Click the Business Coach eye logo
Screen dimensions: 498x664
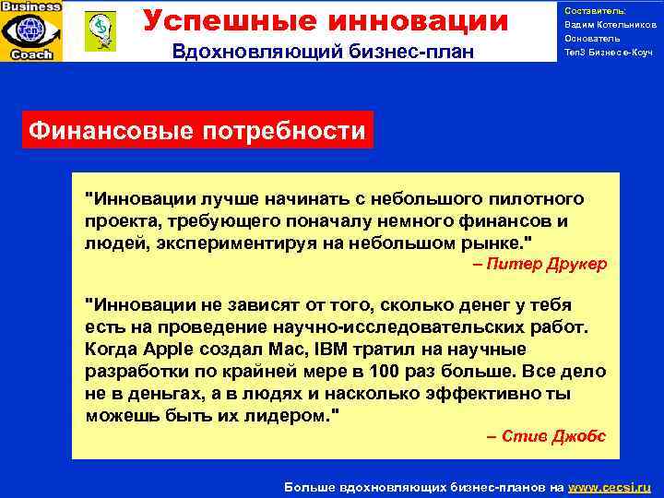pyautogui.click(x=32, y=30)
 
